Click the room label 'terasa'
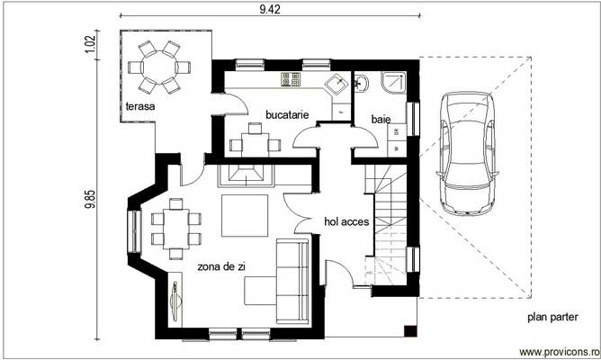tap(140, 107)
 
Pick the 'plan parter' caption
tap(552, 317)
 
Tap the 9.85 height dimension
tap(89, 200)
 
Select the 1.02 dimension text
tap(89, 45)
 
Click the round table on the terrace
tap(157, 68)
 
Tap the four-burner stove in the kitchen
tap(292, 81)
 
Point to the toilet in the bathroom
tap(362, 85)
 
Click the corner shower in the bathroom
tap(393, 84)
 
